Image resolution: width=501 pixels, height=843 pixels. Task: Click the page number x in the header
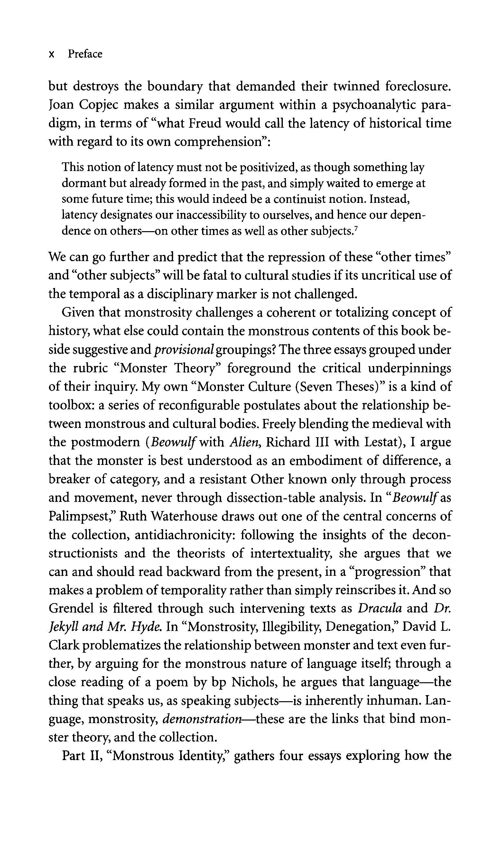point(52,55)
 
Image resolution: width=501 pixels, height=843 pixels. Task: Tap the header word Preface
point(85,54)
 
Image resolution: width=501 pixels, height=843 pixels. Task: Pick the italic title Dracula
point(379,609)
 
